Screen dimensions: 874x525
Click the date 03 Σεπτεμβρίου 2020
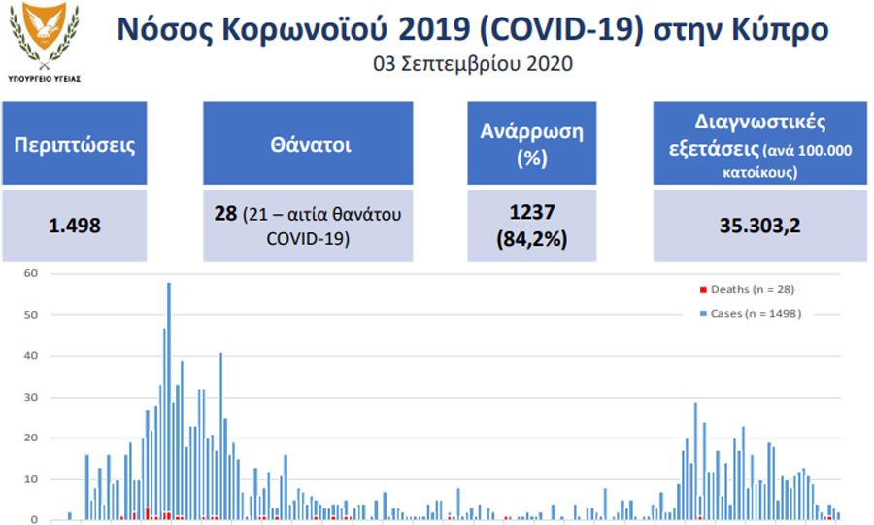473,63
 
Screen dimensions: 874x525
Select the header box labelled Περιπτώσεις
75,143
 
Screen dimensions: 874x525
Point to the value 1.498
75,226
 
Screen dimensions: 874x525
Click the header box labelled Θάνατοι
308,143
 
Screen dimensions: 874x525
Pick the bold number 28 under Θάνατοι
225,213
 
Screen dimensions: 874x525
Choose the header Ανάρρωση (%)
532,143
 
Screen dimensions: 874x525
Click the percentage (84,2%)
532,239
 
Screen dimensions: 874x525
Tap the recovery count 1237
532,212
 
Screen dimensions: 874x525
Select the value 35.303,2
759,226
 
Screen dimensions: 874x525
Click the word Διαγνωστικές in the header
760,122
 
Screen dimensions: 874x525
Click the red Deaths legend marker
703,289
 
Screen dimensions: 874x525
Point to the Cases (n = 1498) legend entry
751,314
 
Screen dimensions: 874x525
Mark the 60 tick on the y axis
31,273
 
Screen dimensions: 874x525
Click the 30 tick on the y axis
31,398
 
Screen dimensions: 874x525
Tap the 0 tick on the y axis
35,520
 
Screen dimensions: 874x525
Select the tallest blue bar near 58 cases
169,402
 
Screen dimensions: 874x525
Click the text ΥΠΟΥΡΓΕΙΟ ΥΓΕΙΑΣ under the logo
44,79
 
